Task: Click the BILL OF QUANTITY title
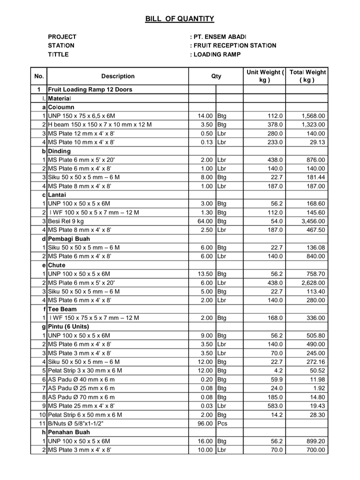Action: click(x=179, y=19)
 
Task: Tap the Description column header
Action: click(x=118, y=76)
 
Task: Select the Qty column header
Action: click(x=216, y=76)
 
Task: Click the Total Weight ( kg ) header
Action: click(x=307, y=76)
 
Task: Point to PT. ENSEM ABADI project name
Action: click(x=219, y=36)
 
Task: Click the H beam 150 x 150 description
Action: click(x=100, y=124)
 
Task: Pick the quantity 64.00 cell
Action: click(x=205, y=221)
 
